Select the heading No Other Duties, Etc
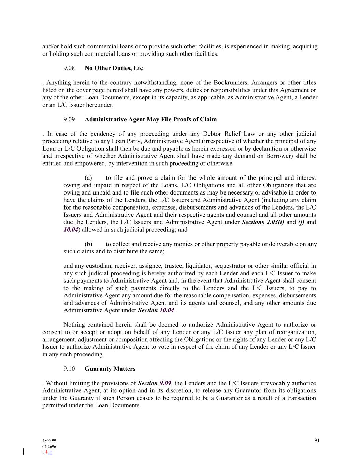[x=114, y=68]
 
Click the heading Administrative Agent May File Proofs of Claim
[x=150, y=119]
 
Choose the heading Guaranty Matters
[x=110, y=369]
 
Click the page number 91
[x=317, y=440]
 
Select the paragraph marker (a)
[x=88, y=178]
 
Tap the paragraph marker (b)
[x=88, y=244]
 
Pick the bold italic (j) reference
[x=301, y=222]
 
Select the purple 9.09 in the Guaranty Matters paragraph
[x=165, y=383]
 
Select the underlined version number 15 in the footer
[x=50, y=452]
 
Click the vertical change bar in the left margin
[x=23, y=452]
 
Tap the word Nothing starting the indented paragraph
[x=74, y=325]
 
